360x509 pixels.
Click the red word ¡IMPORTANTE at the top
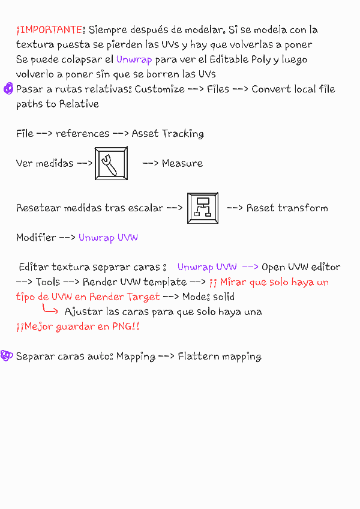pos(49,29)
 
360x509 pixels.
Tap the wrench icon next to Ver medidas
pos(111,163)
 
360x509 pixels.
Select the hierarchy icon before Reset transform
pos(202,208)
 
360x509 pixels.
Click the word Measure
pos(182,163)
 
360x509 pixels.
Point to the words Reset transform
pos(287,208)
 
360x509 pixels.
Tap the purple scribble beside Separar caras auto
pos(7,356)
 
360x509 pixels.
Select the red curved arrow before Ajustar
pos(50,310)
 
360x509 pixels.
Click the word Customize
pos(160,89)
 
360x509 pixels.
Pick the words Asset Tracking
pos(168,134)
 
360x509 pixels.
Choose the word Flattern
pos(199,357)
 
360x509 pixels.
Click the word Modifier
pos(36,238)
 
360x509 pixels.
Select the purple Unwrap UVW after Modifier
pos(108,238)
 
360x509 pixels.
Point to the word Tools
pos(48,282)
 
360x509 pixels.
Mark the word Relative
pos(79,104)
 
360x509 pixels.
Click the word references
pos(83,134)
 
